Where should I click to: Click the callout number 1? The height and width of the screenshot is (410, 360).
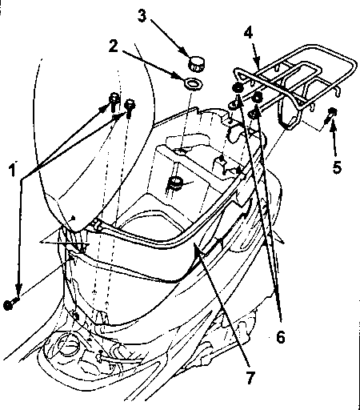click(12, 170)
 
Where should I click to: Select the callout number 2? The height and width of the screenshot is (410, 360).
click(114, 46)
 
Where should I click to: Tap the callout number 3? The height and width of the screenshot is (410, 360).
click(142, 15)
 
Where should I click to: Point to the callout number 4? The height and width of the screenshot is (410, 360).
click(248, 33)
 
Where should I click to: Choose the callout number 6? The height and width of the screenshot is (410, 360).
click(280, 337)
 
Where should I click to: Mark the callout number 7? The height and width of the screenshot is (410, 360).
click(250, 378)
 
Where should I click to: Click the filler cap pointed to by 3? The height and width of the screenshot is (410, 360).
click(197, 64)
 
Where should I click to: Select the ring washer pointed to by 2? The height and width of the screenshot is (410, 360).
click(193, 84)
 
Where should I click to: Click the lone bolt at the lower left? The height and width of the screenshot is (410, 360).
click(10, 303)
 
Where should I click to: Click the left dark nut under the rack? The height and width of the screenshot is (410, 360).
click(238, 88)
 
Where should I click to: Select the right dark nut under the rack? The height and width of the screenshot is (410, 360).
click(257, 97)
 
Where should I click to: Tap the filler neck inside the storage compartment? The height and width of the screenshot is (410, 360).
click(175, 183)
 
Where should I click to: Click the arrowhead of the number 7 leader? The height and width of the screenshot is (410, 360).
click(198, 250)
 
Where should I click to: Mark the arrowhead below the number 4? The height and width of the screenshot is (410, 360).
click(256, 63)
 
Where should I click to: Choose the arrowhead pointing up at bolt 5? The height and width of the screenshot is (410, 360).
click(333, 128)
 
